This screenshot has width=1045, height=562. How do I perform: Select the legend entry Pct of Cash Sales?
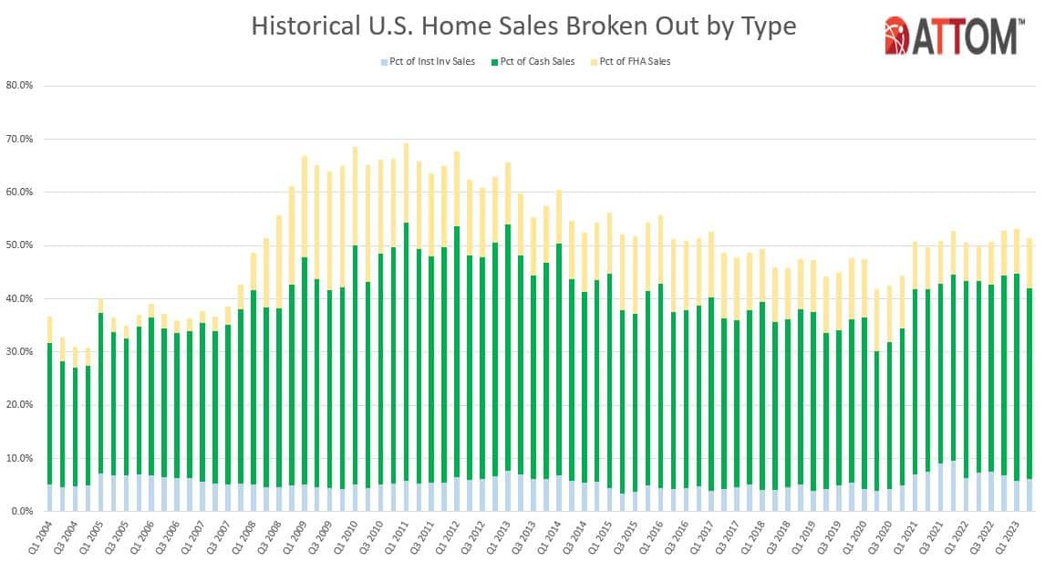coord(539,61)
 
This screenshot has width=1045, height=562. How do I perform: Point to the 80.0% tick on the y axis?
coord(20,86)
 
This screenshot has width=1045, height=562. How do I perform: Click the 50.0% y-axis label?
coord(20,245)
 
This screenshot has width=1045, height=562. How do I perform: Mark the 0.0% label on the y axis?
coord(22,512)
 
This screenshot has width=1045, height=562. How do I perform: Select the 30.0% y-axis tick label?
coord(20,352)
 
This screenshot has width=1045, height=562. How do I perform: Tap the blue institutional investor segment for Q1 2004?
coord(48,498)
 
